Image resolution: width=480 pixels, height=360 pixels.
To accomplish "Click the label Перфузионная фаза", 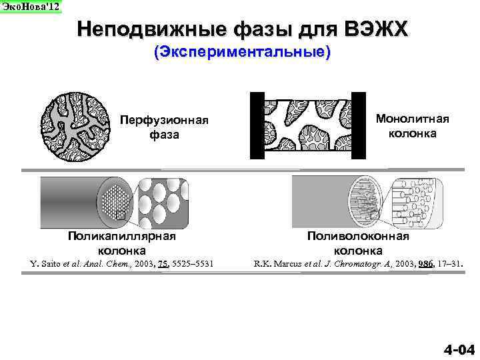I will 164,127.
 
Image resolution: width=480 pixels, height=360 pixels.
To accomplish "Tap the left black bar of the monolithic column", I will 257,126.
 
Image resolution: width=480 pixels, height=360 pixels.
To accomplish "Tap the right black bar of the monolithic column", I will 359,126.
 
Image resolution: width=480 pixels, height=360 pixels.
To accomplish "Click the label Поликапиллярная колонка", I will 122,243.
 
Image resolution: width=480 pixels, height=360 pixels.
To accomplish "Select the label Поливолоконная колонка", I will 358,243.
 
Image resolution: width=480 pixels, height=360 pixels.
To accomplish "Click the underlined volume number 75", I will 163,265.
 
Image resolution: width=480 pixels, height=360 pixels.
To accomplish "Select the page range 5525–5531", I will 193,265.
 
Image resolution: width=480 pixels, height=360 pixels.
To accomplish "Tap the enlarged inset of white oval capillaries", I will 163,200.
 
